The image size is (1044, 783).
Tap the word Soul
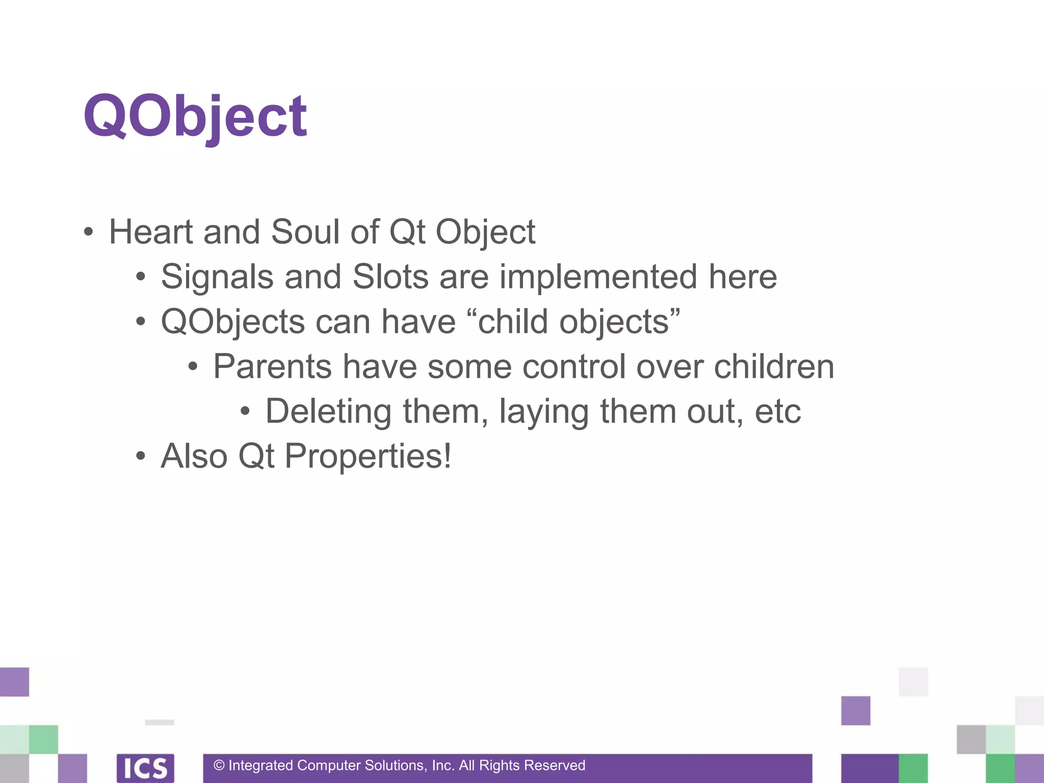[305, 232]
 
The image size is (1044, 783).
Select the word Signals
[217, 277]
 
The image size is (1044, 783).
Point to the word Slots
[390, 277]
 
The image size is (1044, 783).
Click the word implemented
[598, 277]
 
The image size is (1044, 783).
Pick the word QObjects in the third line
[232, 322]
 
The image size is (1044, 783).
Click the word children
[773, 367]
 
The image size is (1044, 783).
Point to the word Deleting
[328, 412]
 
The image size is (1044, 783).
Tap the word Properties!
[368, 456]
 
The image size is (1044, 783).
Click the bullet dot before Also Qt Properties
[141, 456]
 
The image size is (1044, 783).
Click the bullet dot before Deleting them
[245, 411]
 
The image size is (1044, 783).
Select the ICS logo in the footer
[145, 768]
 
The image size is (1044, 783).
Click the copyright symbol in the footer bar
[219, 766]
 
